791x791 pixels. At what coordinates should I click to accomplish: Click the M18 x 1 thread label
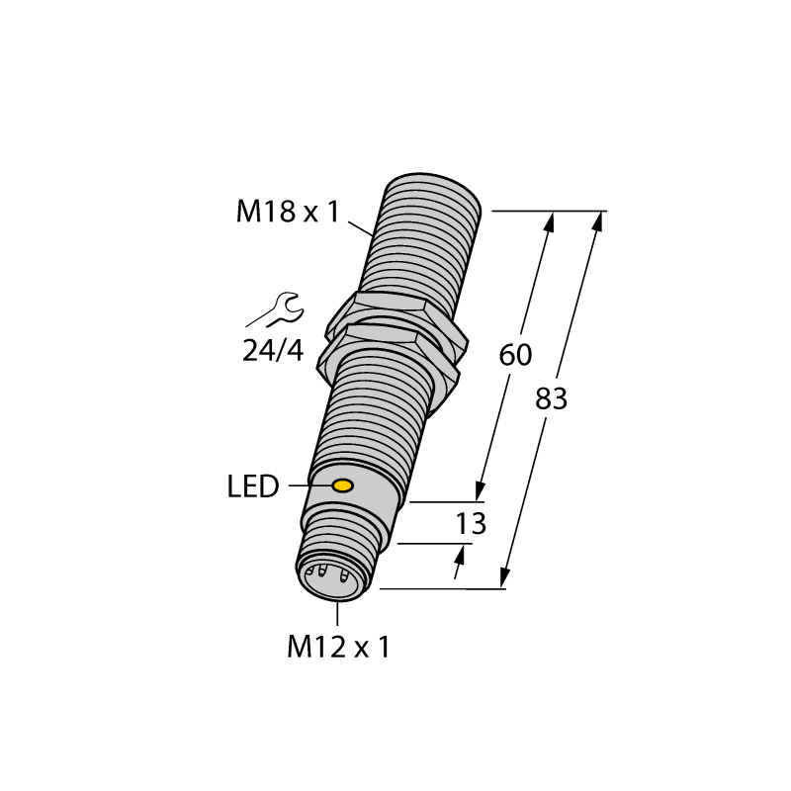pos(288,212)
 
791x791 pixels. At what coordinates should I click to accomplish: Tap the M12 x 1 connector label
pos(338,647)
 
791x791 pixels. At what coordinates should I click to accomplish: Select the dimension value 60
pos(515,355)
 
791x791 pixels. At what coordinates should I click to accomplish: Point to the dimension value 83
pos(551,398)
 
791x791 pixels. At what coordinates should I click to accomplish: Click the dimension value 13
pos(471,523)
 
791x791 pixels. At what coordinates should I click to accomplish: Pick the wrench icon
pos(275,309)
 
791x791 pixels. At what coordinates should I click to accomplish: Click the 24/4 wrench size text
pos(273,351)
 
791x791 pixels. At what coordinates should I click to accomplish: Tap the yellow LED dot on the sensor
pos(342,485)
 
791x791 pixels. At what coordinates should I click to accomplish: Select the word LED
pos(253,486)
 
